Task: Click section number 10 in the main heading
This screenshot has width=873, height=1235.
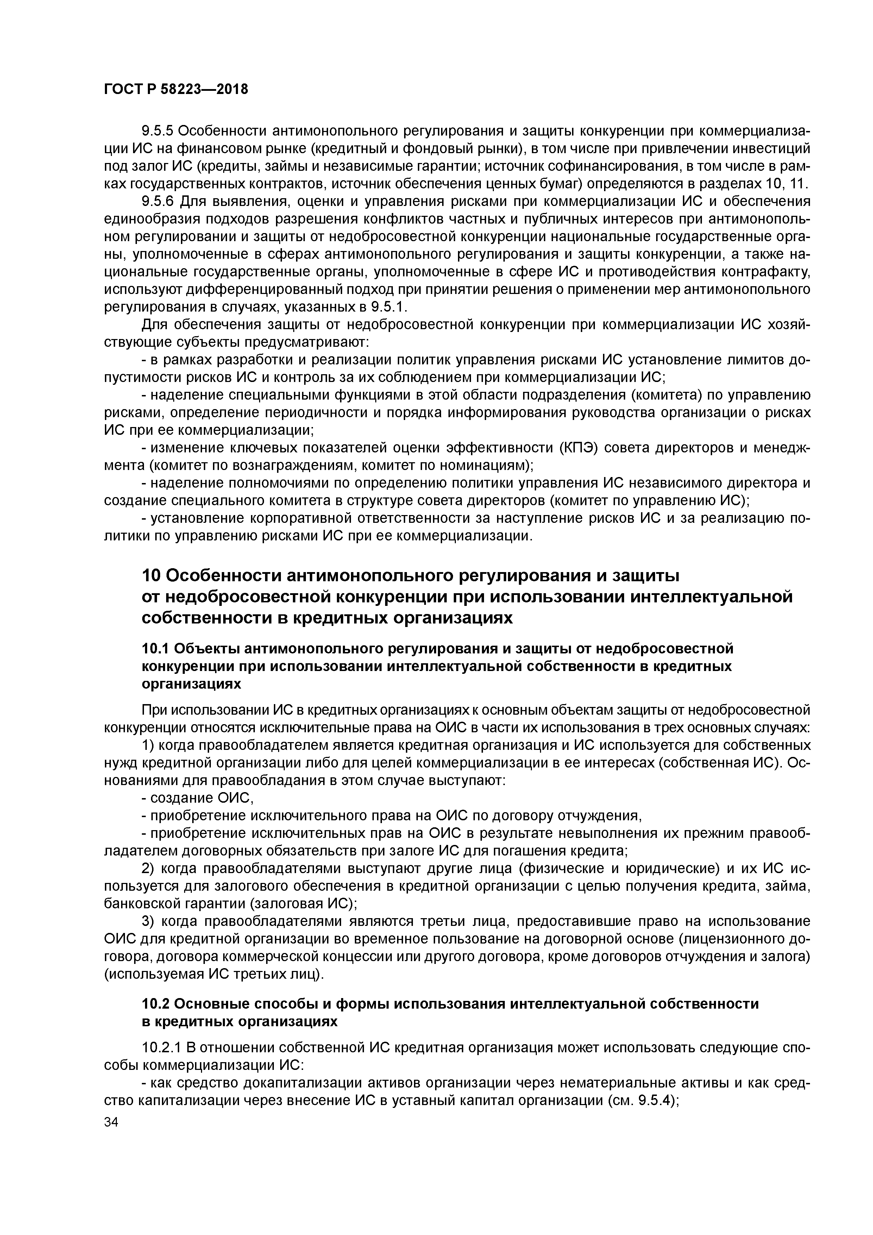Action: (151, 576)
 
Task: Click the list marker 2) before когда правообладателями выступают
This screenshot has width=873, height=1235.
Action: (149, 869)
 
